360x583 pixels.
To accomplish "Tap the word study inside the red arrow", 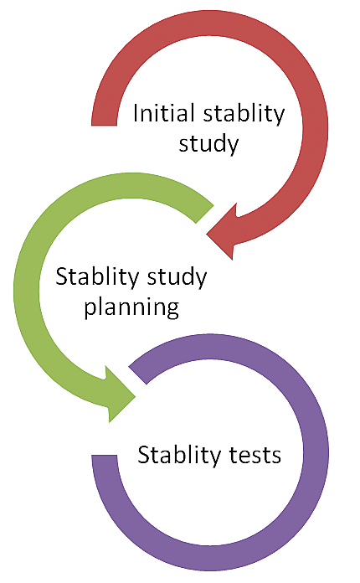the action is pyautogui.click(x=208, y=145).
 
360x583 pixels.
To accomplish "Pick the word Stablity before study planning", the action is pyautogui.click(x=97, y=278).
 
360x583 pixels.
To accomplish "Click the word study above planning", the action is pyautogui.click(x=177, y=278).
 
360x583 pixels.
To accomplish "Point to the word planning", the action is pyautogui.click(x=131, y=308).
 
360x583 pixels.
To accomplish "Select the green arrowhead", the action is pyautogui.click(x=120, y=395).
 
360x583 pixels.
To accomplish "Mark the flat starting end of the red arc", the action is pyautogui.click(x=105, y=125).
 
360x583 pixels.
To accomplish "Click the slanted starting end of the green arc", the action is pyautogui.click(x=205, y=214).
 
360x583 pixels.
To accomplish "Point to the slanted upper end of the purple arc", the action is pyautogui.click(x=137, y=375).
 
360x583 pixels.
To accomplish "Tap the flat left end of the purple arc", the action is pyautogui.click(x=105, y=456).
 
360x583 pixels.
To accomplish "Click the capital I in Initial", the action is pyautogui.click(x=136, y=113).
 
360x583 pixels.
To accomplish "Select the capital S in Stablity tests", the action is pyautogui.click(x=144, y=455).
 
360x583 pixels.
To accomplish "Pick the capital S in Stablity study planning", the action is pyautogui.click(x=62, y=277).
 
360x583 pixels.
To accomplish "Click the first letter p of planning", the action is pyautogui.click(x=90, y=311).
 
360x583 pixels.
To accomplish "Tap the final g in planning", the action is pyautogui.click(x=172, y=311).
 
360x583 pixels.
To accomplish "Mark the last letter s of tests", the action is pyautogui.click(x=276, y=457).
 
